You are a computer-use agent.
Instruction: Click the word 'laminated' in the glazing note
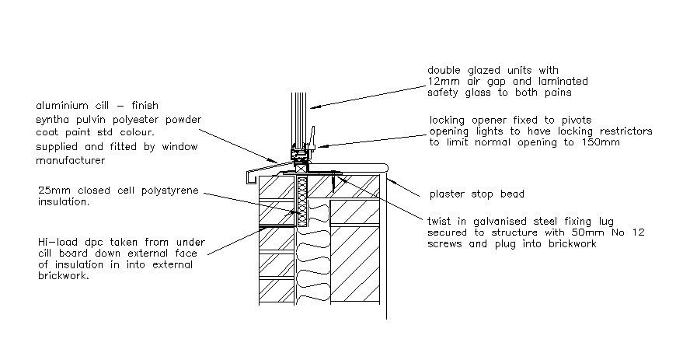coord(562,82)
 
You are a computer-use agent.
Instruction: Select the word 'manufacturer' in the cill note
coord(70,160)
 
